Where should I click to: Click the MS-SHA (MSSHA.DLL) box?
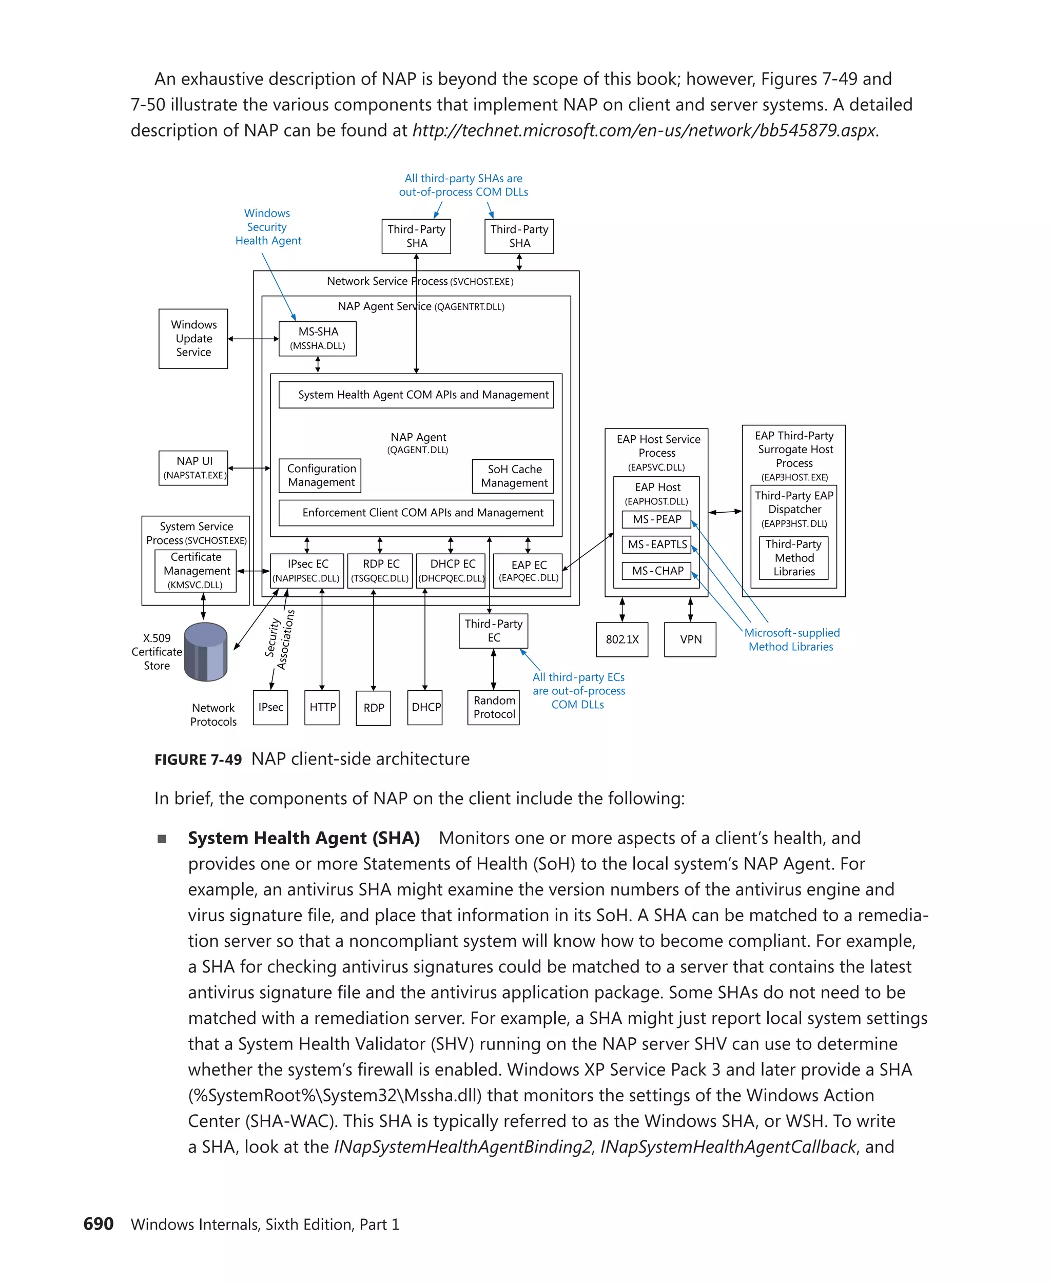[317, 339]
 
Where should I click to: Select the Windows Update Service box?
[193, 339]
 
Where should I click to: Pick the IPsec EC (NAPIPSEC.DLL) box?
[307, 570]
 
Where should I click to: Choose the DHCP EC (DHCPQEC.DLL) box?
[452, 570]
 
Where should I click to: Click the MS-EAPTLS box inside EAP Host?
[656, 545]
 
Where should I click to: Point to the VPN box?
[690, 639]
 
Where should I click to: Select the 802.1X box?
[622, 639]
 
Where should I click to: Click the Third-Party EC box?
[493, 630]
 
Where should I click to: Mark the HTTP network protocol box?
[322, 707]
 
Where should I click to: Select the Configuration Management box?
[320, 475]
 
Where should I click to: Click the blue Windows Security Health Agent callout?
[267, 227]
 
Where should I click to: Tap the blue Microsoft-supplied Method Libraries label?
[791, 639]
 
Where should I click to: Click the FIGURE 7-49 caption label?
[198, 759]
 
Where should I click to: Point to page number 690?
[98, 1223]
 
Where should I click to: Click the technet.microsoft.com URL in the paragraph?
[644, 130]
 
